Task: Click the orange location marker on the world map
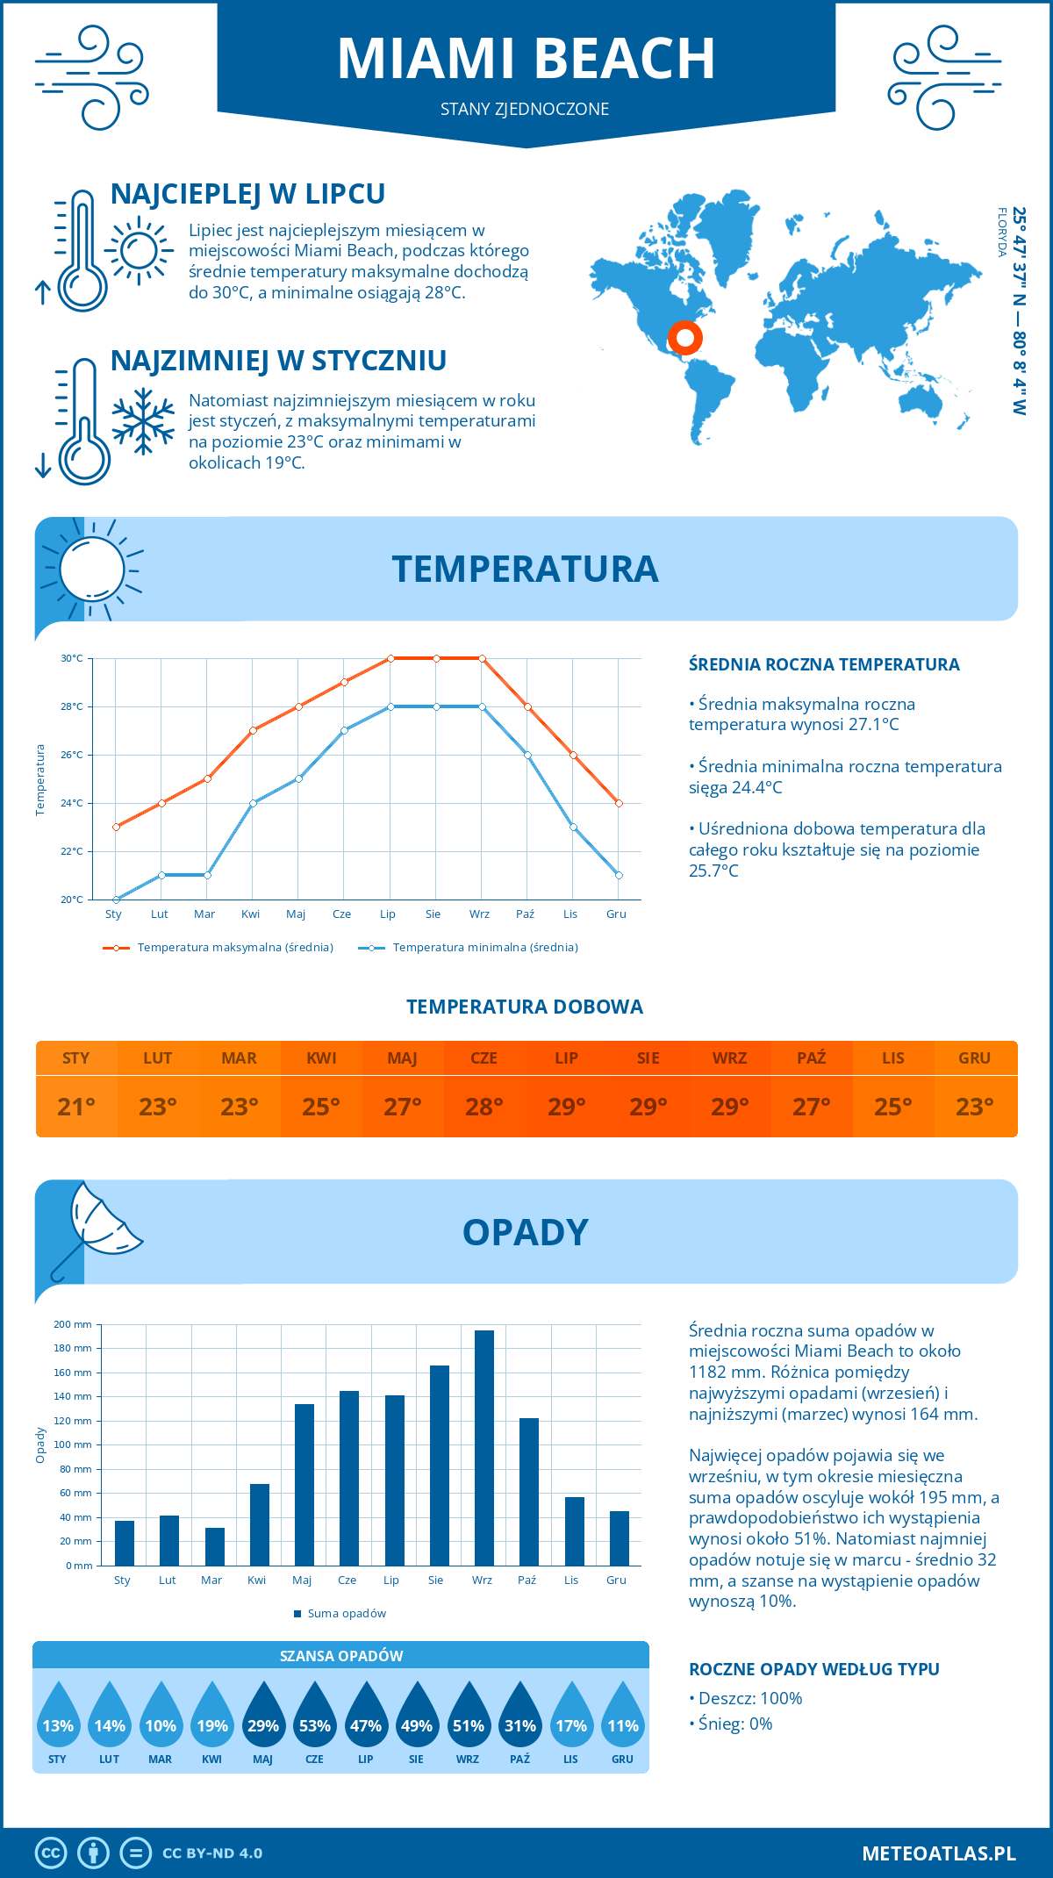pos(684,337)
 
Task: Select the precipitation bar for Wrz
pos(484,1448)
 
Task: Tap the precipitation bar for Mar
pos(214,1546)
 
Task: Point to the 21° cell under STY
pos(76,1107)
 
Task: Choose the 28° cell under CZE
pos(484,1107)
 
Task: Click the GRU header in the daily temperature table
pos(974,1058)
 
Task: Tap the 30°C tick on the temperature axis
pos(72,658)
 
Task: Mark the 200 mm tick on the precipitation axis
pos(74,1324)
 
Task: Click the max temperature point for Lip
pos(390,658)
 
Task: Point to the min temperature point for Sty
pos(116,900)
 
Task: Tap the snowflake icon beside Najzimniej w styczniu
pos(143,421)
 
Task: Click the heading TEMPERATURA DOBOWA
pos(525,1007)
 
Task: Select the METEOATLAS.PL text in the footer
pos(938,1853)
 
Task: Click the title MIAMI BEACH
pos(526,59)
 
